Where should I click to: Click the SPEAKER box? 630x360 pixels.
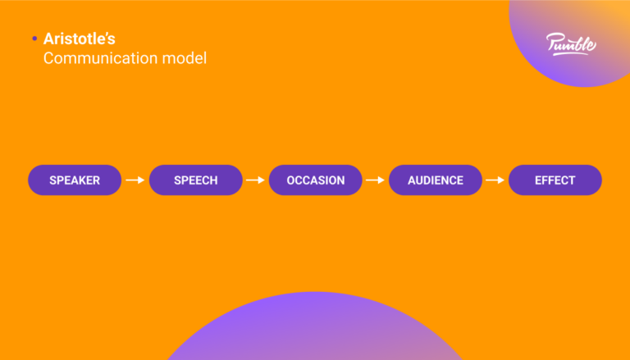[x=75, y=180]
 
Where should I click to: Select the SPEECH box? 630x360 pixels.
[x=195, y=180]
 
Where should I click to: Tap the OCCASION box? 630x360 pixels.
[x=315, y=180]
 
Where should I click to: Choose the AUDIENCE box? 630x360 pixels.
[x=435, y=180]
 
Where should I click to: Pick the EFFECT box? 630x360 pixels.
[x=555, y=180]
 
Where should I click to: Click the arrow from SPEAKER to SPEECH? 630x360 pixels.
[x=135, y=180]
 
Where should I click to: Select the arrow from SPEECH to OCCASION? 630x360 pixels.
[x=255, y=180]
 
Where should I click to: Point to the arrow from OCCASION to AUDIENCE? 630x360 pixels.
[x=375, y=180]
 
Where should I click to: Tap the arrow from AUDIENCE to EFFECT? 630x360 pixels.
[x=495, y=180]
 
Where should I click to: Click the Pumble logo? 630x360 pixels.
[x=571, y=43]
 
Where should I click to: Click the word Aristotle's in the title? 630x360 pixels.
[x=80, y=39]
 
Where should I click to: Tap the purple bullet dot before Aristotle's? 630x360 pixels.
[x=34, y=39]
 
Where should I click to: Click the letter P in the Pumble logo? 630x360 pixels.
[x=553, y=41]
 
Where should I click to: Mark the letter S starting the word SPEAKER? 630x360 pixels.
[x=52, y=180]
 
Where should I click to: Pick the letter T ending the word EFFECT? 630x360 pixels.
[x=572, y=180]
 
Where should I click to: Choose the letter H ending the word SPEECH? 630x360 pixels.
[x=213, y=180]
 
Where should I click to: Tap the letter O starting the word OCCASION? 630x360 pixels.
[x=290, y=180]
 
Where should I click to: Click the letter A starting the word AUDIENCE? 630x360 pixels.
[x=412, y=180]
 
